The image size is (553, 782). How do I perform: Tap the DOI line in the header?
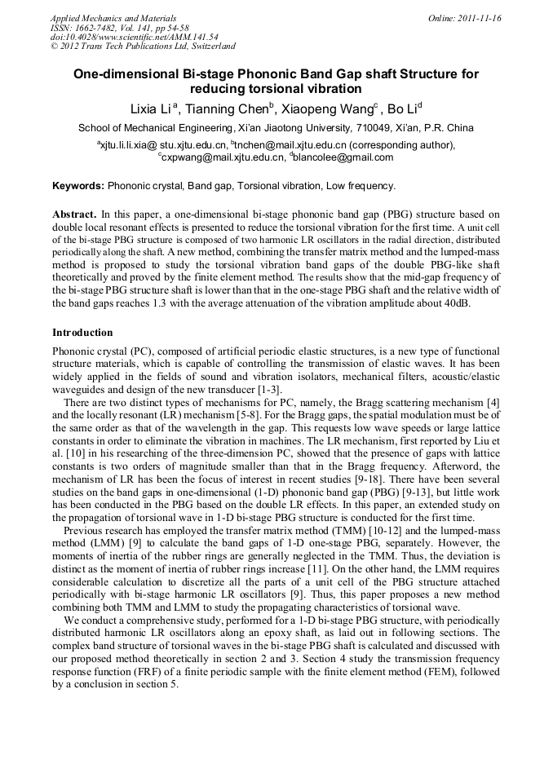coord(134,37)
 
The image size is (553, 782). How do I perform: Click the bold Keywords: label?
coord(78,186)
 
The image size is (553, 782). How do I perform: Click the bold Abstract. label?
coord(74,213)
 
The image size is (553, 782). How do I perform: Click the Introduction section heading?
coord(82,333)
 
